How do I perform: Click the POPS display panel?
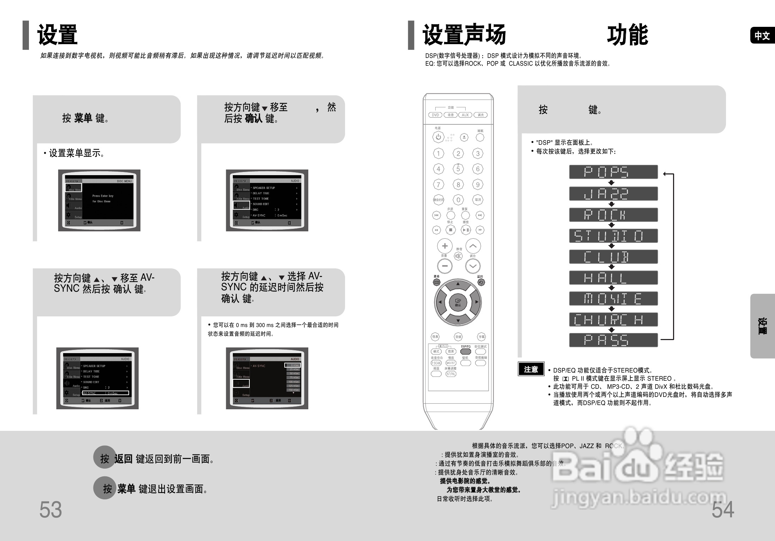coord(613,172)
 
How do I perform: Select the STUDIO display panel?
coord(613,236)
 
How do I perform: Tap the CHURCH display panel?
coord(613,320)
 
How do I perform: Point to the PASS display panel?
coord(613,340)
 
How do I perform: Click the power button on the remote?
coord(438,137)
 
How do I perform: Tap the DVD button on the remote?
coord(435,115)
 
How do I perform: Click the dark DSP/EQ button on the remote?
coord(465,351)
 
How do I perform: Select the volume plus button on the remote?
coord(444,246)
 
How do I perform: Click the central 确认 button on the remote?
coord(458,302)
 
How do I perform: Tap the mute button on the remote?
coord(458,256)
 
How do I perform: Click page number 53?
coord(50,510)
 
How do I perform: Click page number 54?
coord(722,510)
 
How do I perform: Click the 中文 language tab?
coord(762,36)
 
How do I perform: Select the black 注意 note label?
coord(531,369)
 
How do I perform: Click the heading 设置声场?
coord(464,35)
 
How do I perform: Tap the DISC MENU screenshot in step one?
coord(99,200)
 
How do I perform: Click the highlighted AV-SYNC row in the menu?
coord(106,393)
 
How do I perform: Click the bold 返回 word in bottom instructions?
coord(123,459)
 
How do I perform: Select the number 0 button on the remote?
coord(458,200)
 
